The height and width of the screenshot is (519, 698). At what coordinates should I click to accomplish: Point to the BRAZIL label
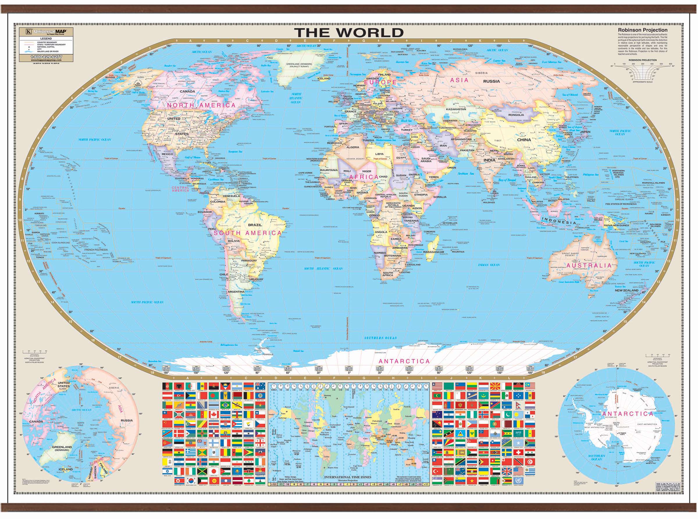[255, 225]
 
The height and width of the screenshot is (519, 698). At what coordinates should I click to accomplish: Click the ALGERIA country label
[352, 147]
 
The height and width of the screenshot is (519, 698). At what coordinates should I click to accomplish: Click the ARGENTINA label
[236, 292]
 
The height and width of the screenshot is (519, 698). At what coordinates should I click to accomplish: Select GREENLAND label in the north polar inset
[62, 447]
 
